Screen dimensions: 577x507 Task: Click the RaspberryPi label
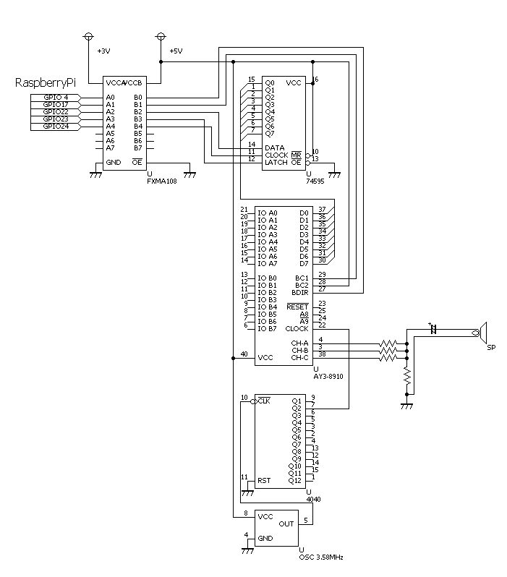pyautogui.click(x=45, y=83)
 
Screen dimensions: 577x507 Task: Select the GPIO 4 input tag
pyautogui.click(x=56, y=97)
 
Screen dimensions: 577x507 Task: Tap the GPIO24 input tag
pyautogui.click(x=56, y=127)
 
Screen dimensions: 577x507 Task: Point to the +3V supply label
pyautogui.click(x=103, y=51)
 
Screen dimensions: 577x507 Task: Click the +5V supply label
pyautogui.click(x=176, y=51)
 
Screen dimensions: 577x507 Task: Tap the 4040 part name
pyautogui.click(x=313, y=499)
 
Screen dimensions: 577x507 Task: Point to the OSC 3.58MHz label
pyautogui.click(x=320, y=557)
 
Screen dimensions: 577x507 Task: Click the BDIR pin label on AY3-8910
pyautogui.click(x=299, y=292)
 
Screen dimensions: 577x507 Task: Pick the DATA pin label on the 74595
pyautogui.click(x=275, y=148)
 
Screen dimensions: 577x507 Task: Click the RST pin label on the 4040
pyautogui.click(x=265, y=480)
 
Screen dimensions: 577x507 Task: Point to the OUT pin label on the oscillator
pyautogui.click(x=286, y=523)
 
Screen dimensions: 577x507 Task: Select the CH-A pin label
pyautogui.click(x=299, y=343)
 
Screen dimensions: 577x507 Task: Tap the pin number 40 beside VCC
pyautogui.click(x=244, y=354)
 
